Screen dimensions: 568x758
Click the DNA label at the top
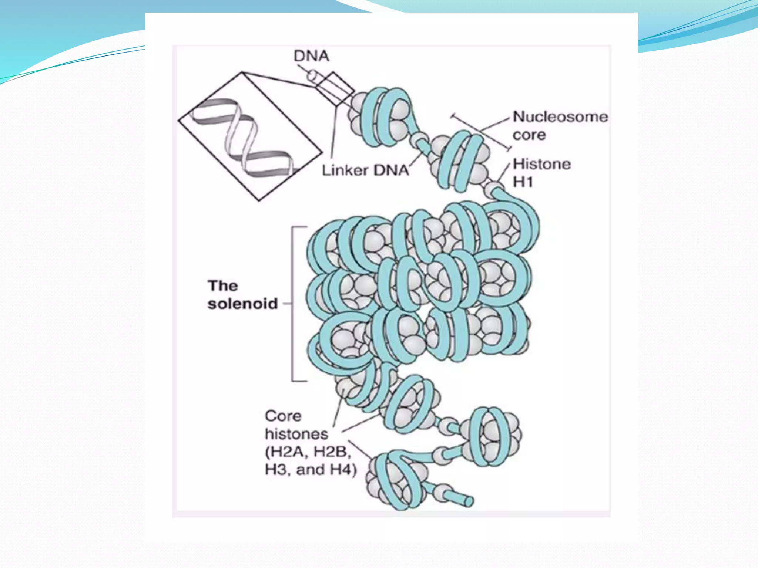coord(311,56)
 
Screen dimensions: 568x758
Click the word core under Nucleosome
coord(529,135)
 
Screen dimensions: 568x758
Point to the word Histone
coord(542,164)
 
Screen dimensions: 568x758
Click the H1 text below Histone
coord(523,182)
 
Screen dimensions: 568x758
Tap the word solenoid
coord(242,304)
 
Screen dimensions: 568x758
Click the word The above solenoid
coord(223,286)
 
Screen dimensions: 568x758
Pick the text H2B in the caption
coord(332,452)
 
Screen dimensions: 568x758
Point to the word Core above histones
coord(283,416)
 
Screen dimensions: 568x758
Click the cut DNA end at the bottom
coord(469,501)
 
